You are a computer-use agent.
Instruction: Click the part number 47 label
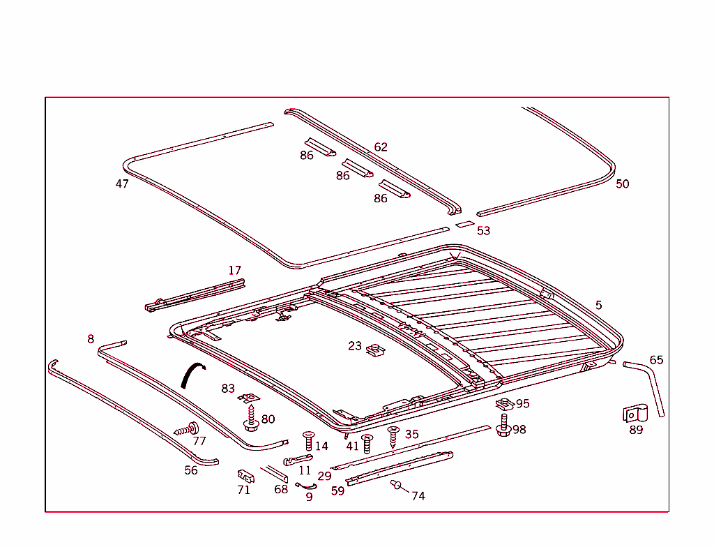122,184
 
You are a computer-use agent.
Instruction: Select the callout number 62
381,147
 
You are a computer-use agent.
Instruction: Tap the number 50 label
622,183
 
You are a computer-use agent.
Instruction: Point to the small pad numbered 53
464,225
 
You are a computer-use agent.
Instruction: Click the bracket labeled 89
635,414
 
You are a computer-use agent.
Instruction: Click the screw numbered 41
367,443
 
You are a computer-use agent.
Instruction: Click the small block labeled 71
245,475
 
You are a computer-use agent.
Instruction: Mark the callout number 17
234,271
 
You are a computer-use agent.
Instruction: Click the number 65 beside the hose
656,360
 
